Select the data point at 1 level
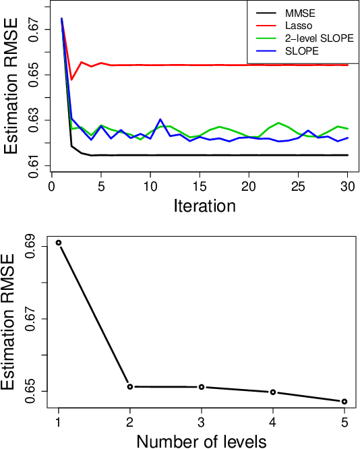click(x=59, y=243)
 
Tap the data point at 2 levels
click(x=130, y=386)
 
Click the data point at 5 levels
click(x=344, y=402)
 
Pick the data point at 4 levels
click(x=273, y=392)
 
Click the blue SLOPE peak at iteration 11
click(x=160, y=119)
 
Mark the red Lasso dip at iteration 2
click(x=71, y=80)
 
